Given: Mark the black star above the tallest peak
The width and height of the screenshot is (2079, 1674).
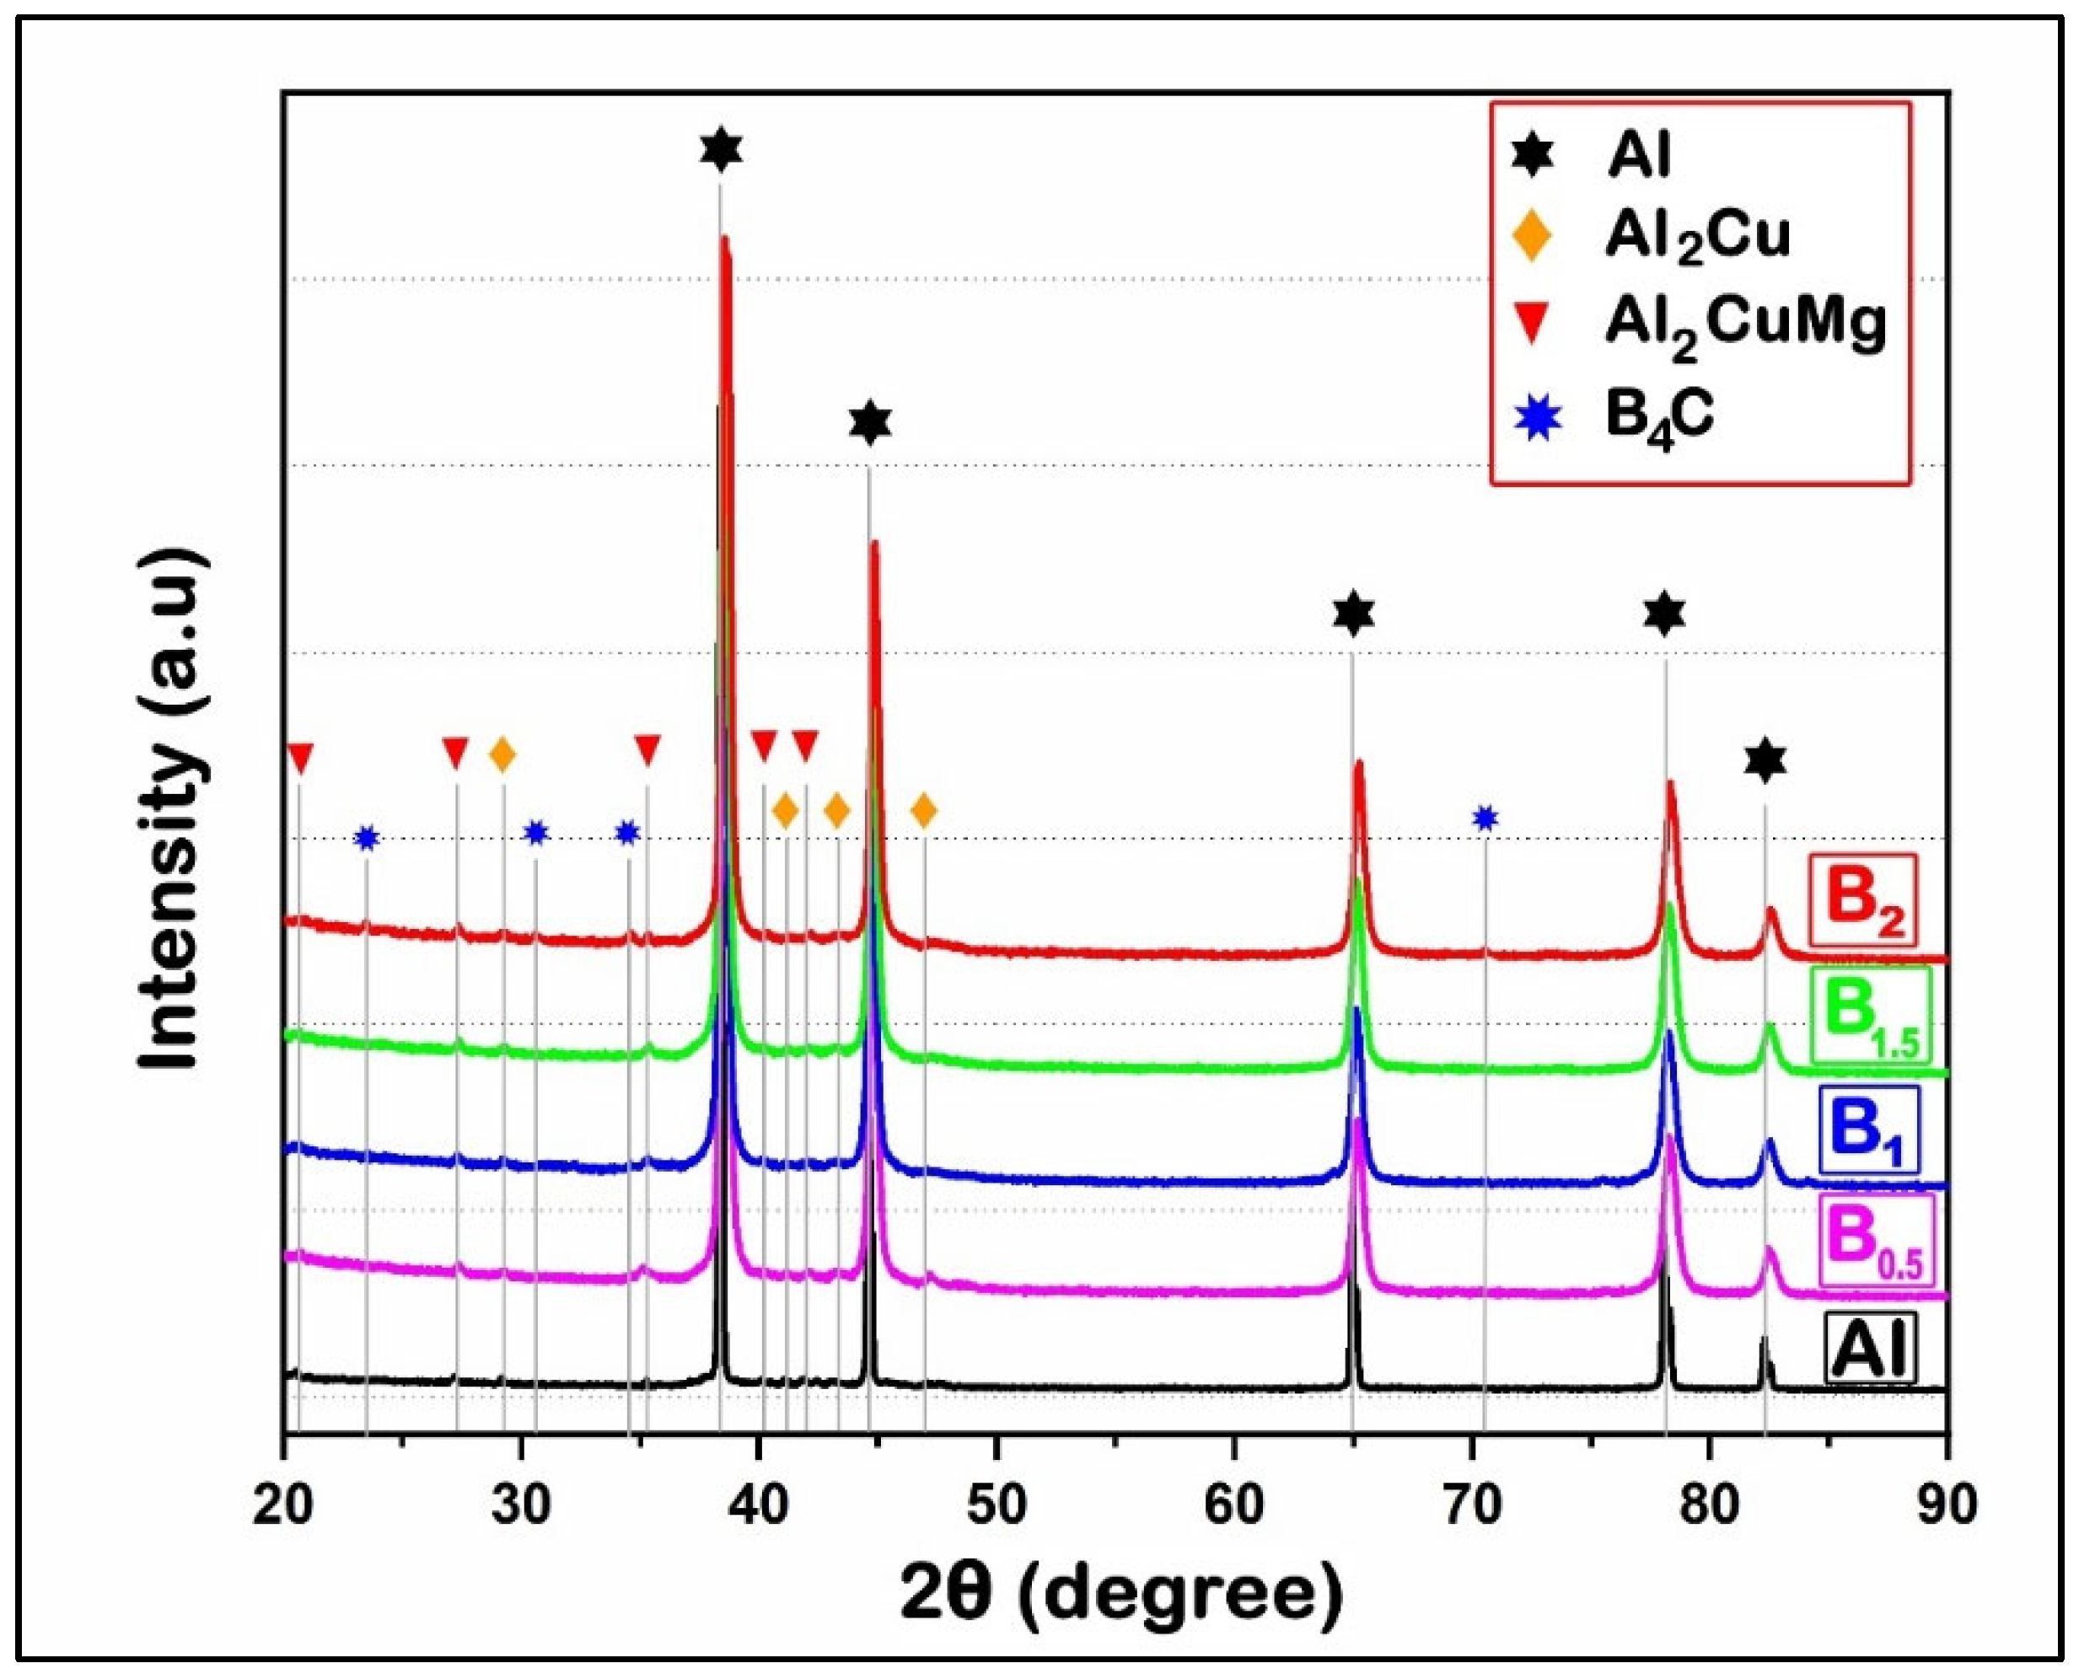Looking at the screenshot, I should pos(722,149).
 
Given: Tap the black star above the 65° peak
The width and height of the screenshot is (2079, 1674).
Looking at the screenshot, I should pos(1353,614).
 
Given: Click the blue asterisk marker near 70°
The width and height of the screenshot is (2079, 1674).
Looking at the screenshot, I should pos(1485,818).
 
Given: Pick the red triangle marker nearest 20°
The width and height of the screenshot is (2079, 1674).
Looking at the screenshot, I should pos(301,757).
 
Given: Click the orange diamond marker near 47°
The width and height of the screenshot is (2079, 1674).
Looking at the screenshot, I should pos(924,811).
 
